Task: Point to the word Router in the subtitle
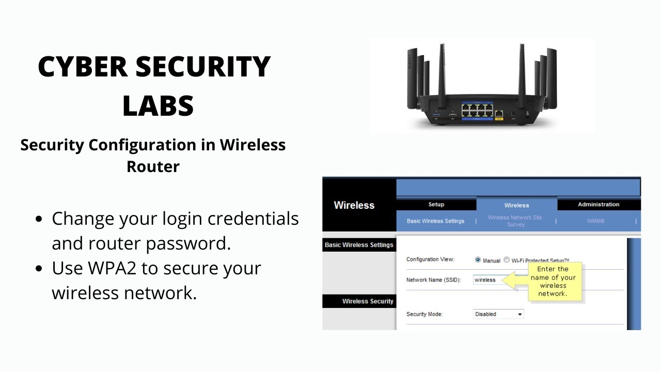153,166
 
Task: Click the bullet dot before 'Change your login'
39,219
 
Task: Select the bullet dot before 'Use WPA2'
39,269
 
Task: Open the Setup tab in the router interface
436,205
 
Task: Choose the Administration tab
599,205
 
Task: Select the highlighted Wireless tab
516,205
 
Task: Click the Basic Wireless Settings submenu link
435,221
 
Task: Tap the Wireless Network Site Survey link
515,221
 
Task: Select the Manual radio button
478,260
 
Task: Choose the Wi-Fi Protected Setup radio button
507,260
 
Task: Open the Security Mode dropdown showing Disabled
498,314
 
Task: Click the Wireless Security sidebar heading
367,301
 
